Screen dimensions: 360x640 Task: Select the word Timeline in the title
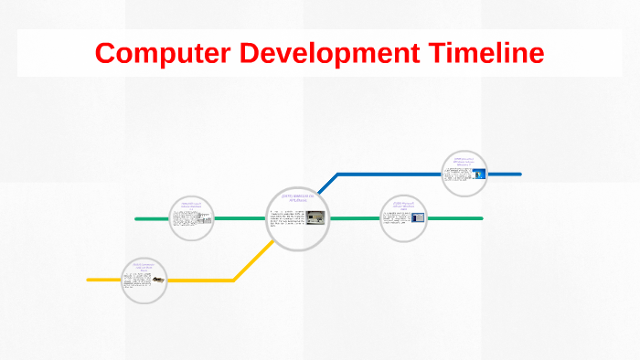pos(484,53)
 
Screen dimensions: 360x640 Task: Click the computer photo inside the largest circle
pos(315,217)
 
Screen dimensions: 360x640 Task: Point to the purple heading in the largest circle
pos(298,198)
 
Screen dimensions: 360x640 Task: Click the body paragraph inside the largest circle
pos(286,220)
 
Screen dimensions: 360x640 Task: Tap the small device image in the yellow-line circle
pos(159,278)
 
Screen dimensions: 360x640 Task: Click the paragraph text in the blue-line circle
pos(458,174)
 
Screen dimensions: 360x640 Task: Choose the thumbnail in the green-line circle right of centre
pos(418,217)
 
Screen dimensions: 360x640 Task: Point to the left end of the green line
pos(137,219)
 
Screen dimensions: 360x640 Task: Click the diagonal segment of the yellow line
pos(250,261)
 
